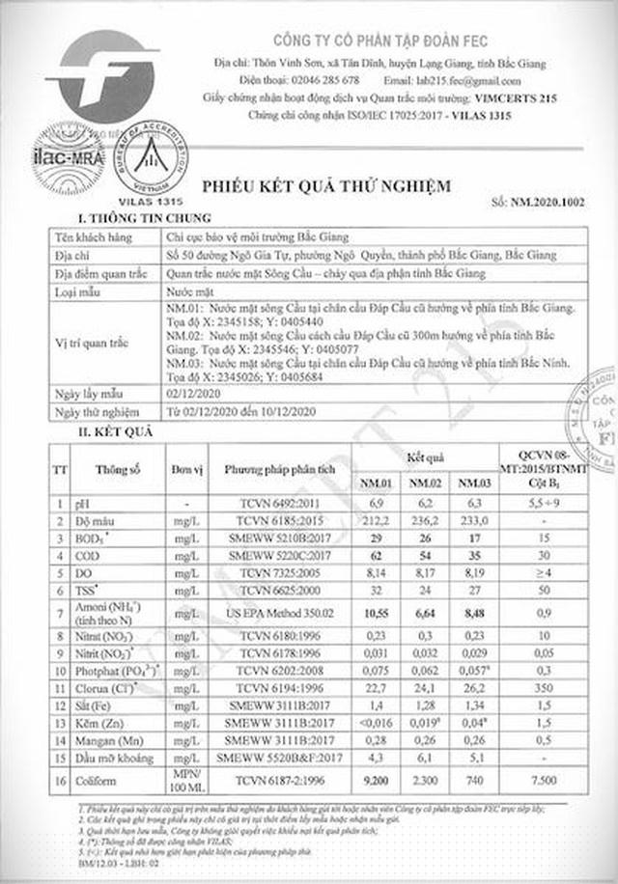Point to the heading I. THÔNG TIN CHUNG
[130, 219]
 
